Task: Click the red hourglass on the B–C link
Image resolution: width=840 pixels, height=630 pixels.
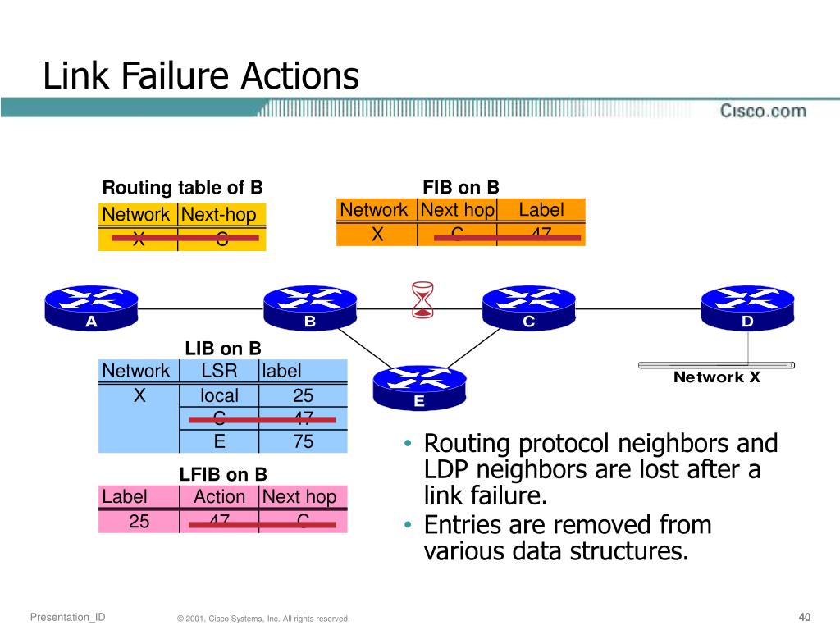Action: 422,299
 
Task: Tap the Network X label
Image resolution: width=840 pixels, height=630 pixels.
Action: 717,377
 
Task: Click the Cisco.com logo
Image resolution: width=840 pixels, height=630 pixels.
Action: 763,111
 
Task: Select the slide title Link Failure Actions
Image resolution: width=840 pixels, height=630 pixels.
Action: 201,76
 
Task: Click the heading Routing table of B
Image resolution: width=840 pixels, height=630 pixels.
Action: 182,187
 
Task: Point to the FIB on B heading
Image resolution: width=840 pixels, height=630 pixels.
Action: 460,187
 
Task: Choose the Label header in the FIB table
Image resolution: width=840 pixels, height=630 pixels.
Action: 541,210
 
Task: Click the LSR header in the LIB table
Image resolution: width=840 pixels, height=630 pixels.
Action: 219,371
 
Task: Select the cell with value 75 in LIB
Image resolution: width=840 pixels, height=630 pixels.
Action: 303,441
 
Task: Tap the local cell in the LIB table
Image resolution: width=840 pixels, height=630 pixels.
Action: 219,396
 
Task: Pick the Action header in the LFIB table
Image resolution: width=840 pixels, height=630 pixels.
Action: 219,496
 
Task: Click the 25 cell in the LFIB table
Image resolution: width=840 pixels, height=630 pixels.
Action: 139,520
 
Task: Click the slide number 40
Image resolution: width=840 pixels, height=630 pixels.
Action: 804,617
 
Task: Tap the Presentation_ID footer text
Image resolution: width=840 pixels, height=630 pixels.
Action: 67,617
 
